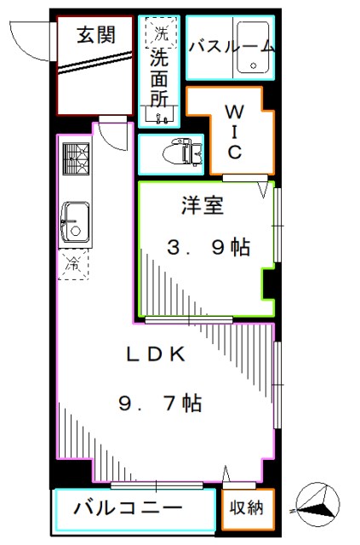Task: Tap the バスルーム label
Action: tap(231, 45)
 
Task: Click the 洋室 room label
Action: tap(196, 205)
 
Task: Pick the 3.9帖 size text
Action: tap(207, 248)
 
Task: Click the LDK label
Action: tap(157, 355)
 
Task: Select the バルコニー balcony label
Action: tap(127, 509)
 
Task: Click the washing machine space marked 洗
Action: tap(159, 35)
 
